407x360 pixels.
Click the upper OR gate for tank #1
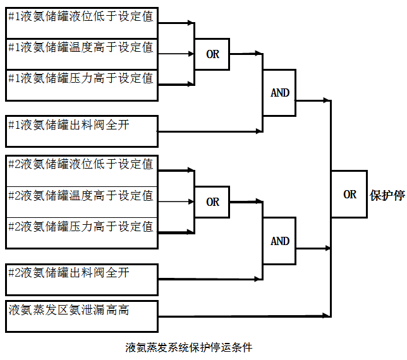[212, 54]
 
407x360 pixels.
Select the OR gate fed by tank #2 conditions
[212, 202]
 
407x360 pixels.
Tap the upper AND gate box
[279, 93]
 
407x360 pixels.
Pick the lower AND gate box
[279, 241]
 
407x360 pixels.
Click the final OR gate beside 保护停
[349, 195]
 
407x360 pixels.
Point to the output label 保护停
[387, 195]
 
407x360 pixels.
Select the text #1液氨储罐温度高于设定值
[80, 47]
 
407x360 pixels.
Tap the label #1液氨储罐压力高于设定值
[80, 78]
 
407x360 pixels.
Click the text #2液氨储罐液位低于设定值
[80, 164]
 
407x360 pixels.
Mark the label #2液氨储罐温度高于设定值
[80, 195]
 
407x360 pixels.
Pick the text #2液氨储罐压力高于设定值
[80, 226]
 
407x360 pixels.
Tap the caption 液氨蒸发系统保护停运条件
[189, 347]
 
